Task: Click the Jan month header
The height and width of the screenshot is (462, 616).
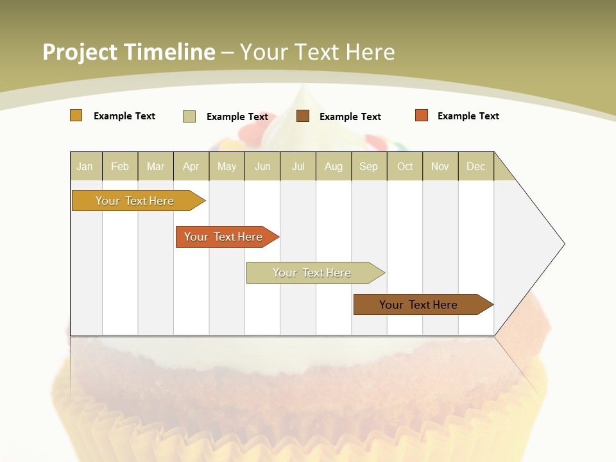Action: (85, 166)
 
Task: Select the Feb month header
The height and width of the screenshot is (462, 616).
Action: (120, 166)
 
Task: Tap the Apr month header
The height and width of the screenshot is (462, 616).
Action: (191, 166)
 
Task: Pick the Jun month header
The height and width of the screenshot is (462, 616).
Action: (262, 166)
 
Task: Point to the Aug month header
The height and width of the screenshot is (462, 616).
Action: (333, 166)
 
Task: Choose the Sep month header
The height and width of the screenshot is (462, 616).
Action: (368, 166)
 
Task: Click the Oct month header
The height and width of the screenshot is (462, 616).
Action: (405, 166)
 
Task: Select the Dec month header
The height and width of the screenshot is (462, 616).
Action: (475, 166)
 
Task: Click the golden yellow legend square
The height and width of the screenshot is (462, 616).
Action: (76, 116)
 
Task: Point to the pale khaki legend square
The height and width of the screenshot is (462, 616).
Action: (189, 116)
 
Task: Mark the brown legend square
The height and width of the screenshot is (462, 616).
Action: (303, 116)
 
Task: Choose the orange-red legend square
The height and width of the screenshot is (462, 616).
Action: (422, 116)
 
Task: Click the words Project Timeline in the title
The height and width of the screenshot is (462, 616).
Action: (129, 52)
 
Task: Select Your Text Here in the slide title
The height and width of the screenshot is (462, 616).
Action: (318, 52)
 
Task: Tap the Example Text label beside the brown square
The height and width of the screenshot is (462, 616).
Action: (350, 117)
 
